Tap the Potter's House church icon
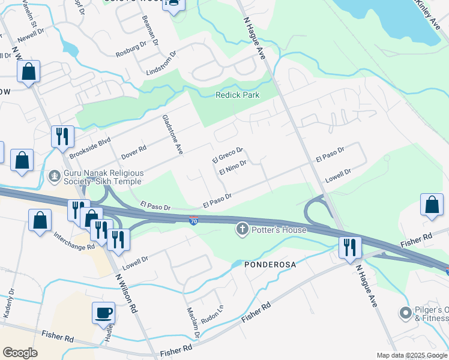243,229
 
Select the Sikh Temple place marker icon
55,176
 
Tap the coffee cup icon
103,313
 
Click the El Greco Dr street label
227,155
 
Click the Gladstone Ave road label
172,135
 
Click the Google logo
20,352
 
